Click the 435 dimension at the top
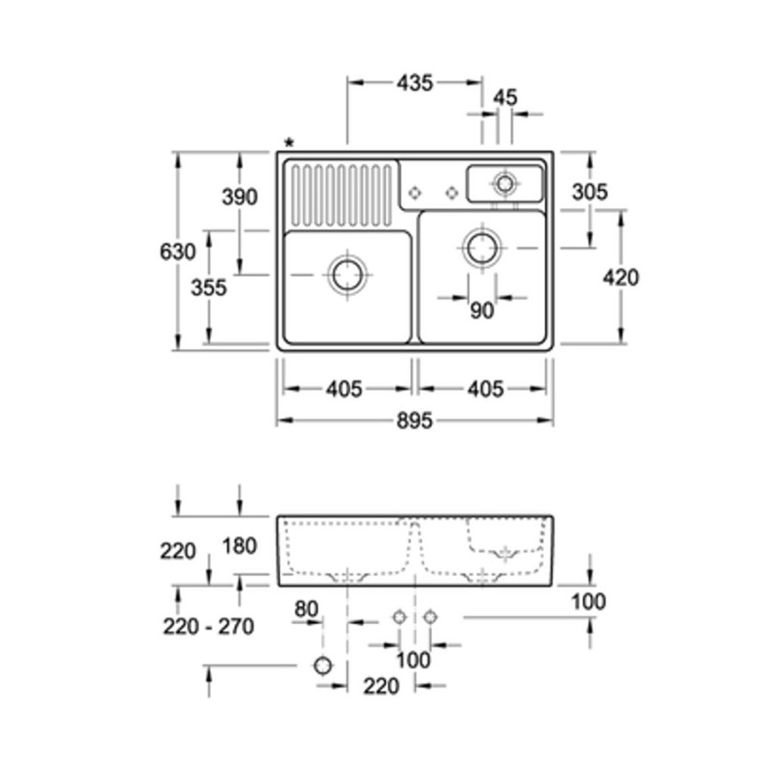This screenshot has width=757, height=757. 415,83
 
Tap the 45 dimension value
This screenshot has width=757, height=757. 505,98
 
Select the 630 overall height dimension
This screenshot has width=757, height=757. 177,251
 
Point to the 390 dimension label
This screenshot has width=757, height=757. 240,197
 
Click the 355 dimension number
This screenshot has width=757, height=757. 209,288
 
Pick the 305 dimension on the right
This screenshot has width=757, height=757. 590,192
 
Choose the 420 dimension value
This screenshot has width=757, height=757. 621,278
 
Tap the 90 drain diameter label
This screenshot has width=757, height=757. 482,310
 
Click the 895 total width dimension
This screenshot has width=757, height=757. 415,421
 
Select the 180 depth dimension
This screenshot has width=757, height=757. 240,546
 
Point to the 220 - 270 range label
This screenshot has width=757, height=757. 209,627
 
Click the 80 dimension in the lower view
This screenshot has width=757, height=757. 306,609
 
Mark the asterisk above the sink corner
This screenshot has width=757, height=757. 289,143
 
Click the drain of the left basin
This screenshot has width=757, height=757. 347,275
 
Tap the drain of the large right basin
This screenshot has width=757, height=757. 481,247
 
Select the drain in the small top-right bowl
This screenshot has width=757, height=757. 505,183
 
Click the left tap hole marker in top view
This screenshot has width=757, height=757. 414,193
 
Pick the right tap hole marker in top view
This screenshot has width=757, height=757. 452,193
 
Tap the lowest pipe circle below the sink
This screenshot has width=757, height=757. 323,666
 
